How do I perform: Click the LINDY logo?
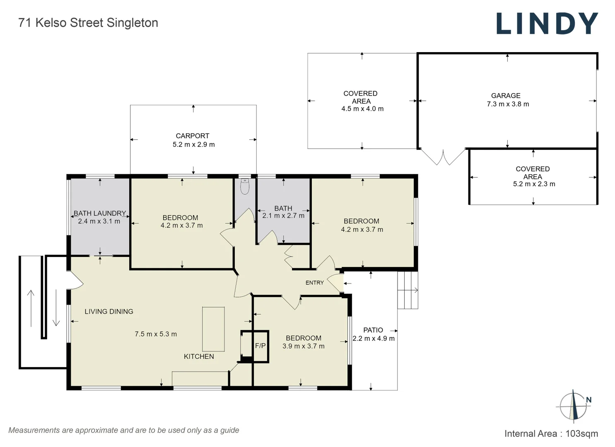pyautogui.click(x=547, y=24)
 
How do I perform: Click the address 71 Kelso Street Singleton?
pyautogui.click(x=88, y=23)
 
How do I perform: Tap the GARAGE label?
pyautogui.click(x=506, y=96)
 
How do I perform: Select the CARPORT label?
pyautogui.click(x=193, y=136)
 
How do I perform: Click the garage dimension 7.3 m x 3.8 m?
pyautogui.click(x=508, y=104)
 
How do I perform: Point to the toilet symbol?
pyautogui.click(x=245, y=187)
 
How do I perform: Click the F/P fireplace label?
pyautogui.click(x=260, y=346)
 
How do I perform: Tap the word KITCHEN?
pyautogui.click(x=199, y=356)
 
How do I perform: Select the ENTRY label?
pyautogui.click(x=315, y=283)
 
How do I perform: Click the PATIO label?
pyautogui.click(x=373, y=330)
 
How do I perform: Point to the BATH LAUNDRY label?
pyautogui.click(x=100, y=213)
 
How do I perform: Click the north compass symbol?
pyautogui.click(x=574, y=406)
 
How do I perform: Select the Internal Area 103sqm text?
pyautogui.click(x=551, y=433)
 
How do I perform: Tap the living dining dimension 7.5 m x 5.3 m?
pyautogui.click(x=156, y=334)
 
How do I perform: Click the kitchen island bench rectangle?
pyautogui.click(x=213, y=329)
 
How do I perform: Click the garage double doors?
pyautogui.click(x=443, y=157)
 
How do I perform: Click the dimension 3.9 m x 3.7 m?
pyautogui.click(x=304, y=346)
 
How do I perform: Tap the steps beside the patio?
pyautogui.click(x=408, y=290)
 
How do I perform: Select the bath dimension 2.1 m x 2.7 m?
pyautogui.click(x=283, y=216)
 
